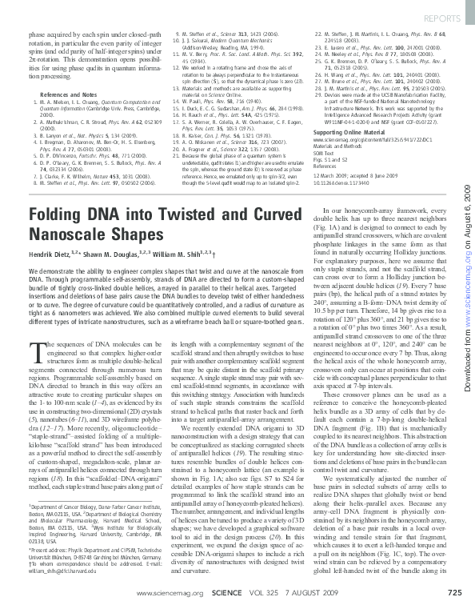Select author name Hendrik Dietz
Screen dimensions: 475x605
click(54, 233)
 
